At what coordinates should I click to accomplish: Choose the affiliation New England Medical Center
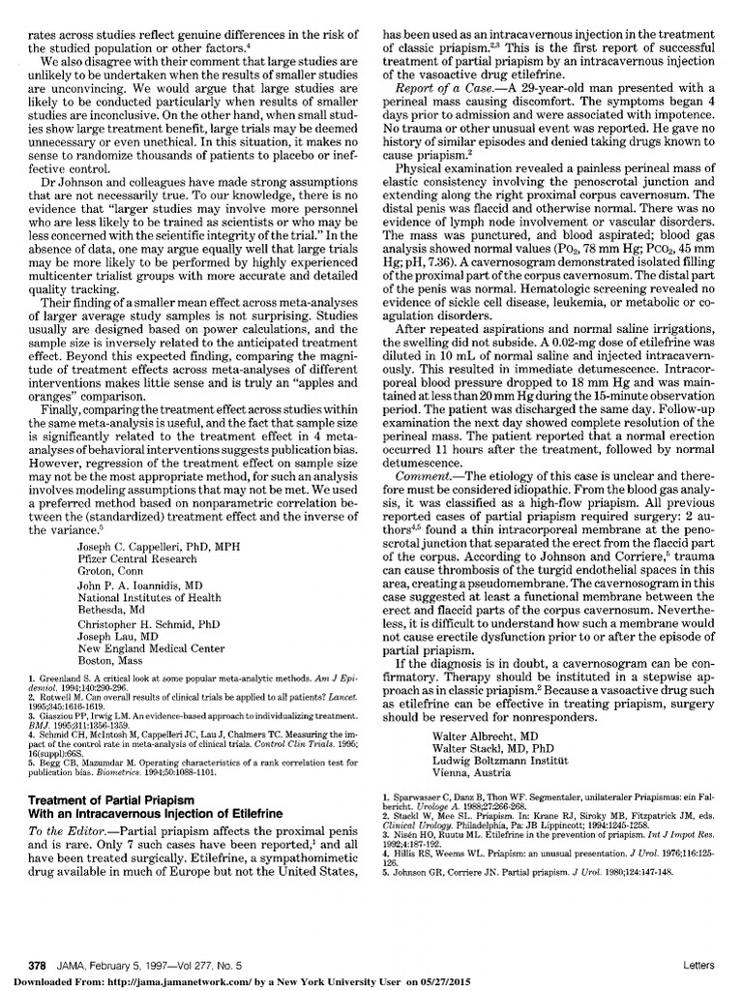coord(150,648)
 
